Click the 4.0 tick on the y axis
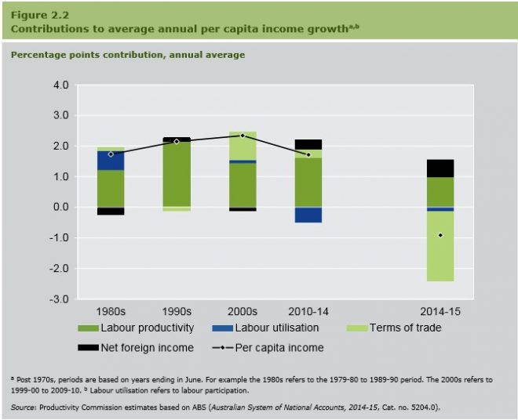pyautogui.click(x=60, y=85)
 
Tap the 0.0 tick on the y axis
pyautogui.click(x=60, y=208)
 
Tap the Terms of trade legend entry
pyautogui.click(x=405, y=328)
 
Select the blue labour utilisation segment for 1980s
pyautogui.click(x=111, y=161)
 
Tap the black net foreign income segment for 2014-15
pyautogui.click(x=440, y=168)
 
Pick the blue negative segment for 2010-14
pyautogui.click(x=308, y=215)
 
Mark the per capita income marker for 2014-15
pyautogui.click(x=440, y=235)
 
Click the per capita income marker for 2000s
pyautogui.click(x=243, y=136)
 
